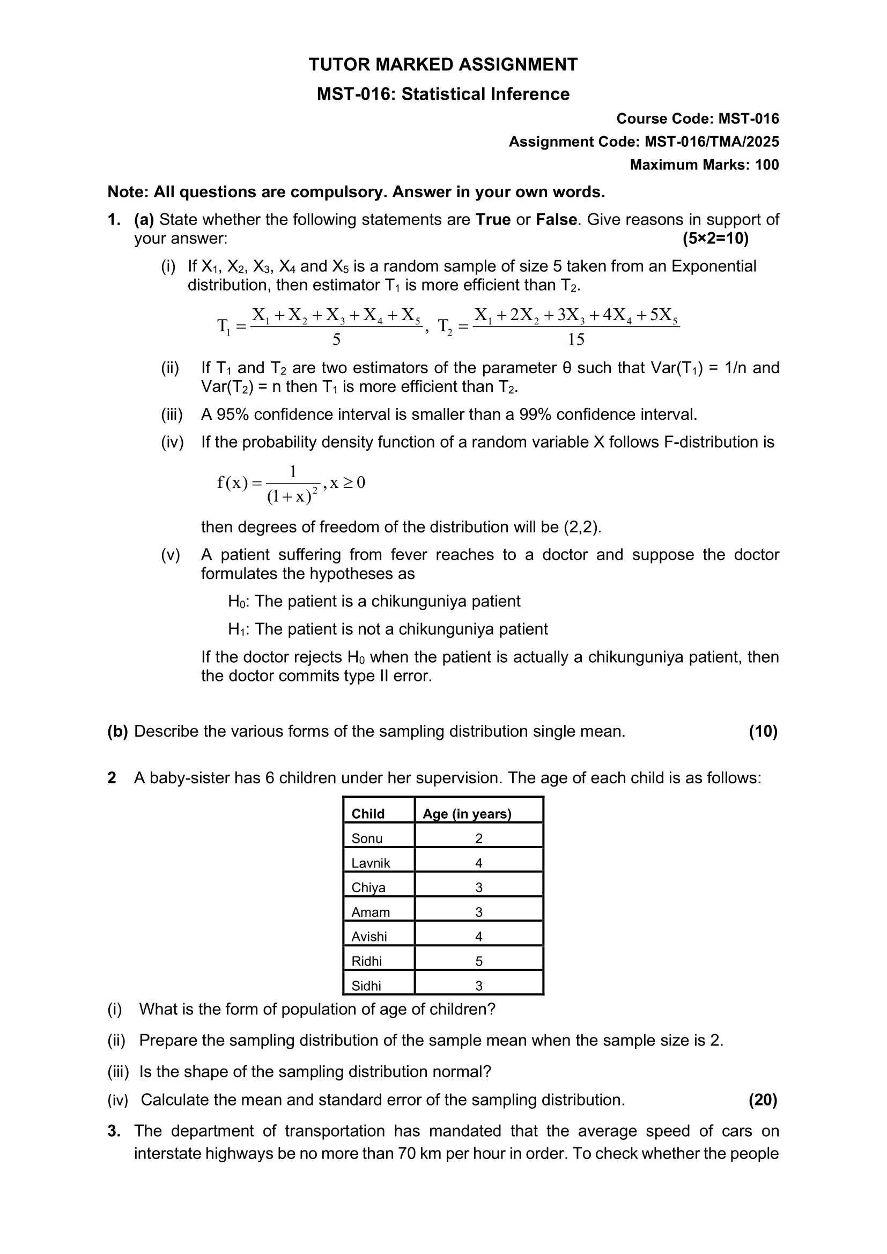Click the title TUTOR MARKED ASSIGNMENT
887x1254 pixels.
tap(443, 65)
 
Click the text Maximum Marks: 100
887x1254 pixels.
tap(704, 165)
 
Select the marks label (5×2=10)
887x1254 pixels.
tap(715, 239)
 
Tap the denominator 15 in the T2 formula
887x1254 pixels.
tap(575, 340)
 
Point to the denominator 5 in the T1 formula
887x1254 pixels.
tap(336, 340)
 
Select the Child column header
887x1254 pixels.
tap(368, 814)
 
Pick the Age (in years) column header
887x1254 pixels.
tap(467, 814)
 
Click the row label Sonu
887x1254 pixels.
tap(367, 839)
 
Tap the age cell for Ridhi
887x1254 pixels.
tap(479, 961)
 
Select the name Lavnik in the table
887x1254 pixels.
tap(371, 863)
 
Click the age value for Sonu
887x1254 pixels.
tap(479, 839)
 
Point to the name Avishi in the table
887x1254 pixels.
tap(369, 937)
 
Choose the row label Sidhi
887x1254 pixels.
tap(366, 986)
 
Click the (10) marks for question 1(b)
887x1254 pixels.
tap(763, 731)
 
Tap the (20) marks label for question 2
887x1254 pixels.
tap(763, 1100)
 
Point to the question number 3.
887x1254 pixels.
tap(114, 1131)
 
